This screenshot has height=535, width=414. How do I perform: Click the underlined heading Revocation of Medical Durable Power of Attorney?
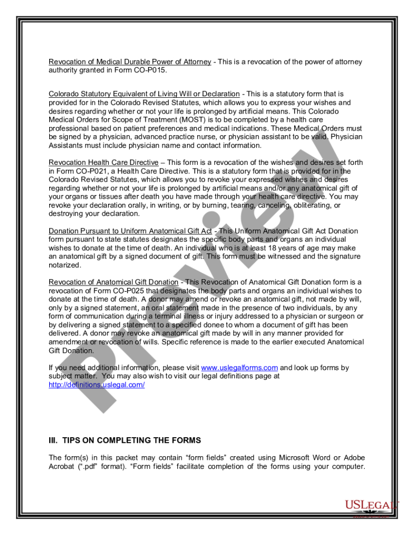click(x=130, y=62)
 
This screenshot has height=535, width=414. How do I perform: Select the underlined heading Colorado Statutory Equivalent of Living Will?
click(x=144, y=94)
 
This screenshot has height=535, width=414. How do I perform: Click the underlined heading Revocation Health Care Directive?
click(x=103, y=163)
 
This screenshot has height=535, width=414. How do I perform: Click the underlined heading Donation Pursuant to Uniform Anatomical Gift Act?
click(x=131, y=231)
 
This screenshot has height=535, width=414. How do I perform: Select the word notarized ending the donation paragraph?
click(x=65, y=265)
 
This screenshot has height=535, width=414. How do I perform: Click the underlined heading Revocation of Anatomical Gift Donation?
click(x=113, y=283)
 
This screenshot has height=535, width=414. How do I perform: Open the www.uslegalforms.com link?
click(x=239, y=368)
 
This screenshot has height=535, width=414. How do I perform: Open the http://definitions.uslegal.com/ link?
click(x=96, y=384)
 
